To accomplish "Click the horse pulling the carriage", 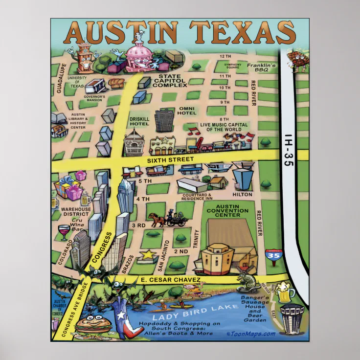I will pos(157,219).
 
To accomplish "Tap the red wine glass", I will pos(64,231).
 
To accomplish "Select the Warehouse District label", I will pos(75,211).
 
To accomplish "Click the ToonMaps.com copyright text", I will pos(251,334).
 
